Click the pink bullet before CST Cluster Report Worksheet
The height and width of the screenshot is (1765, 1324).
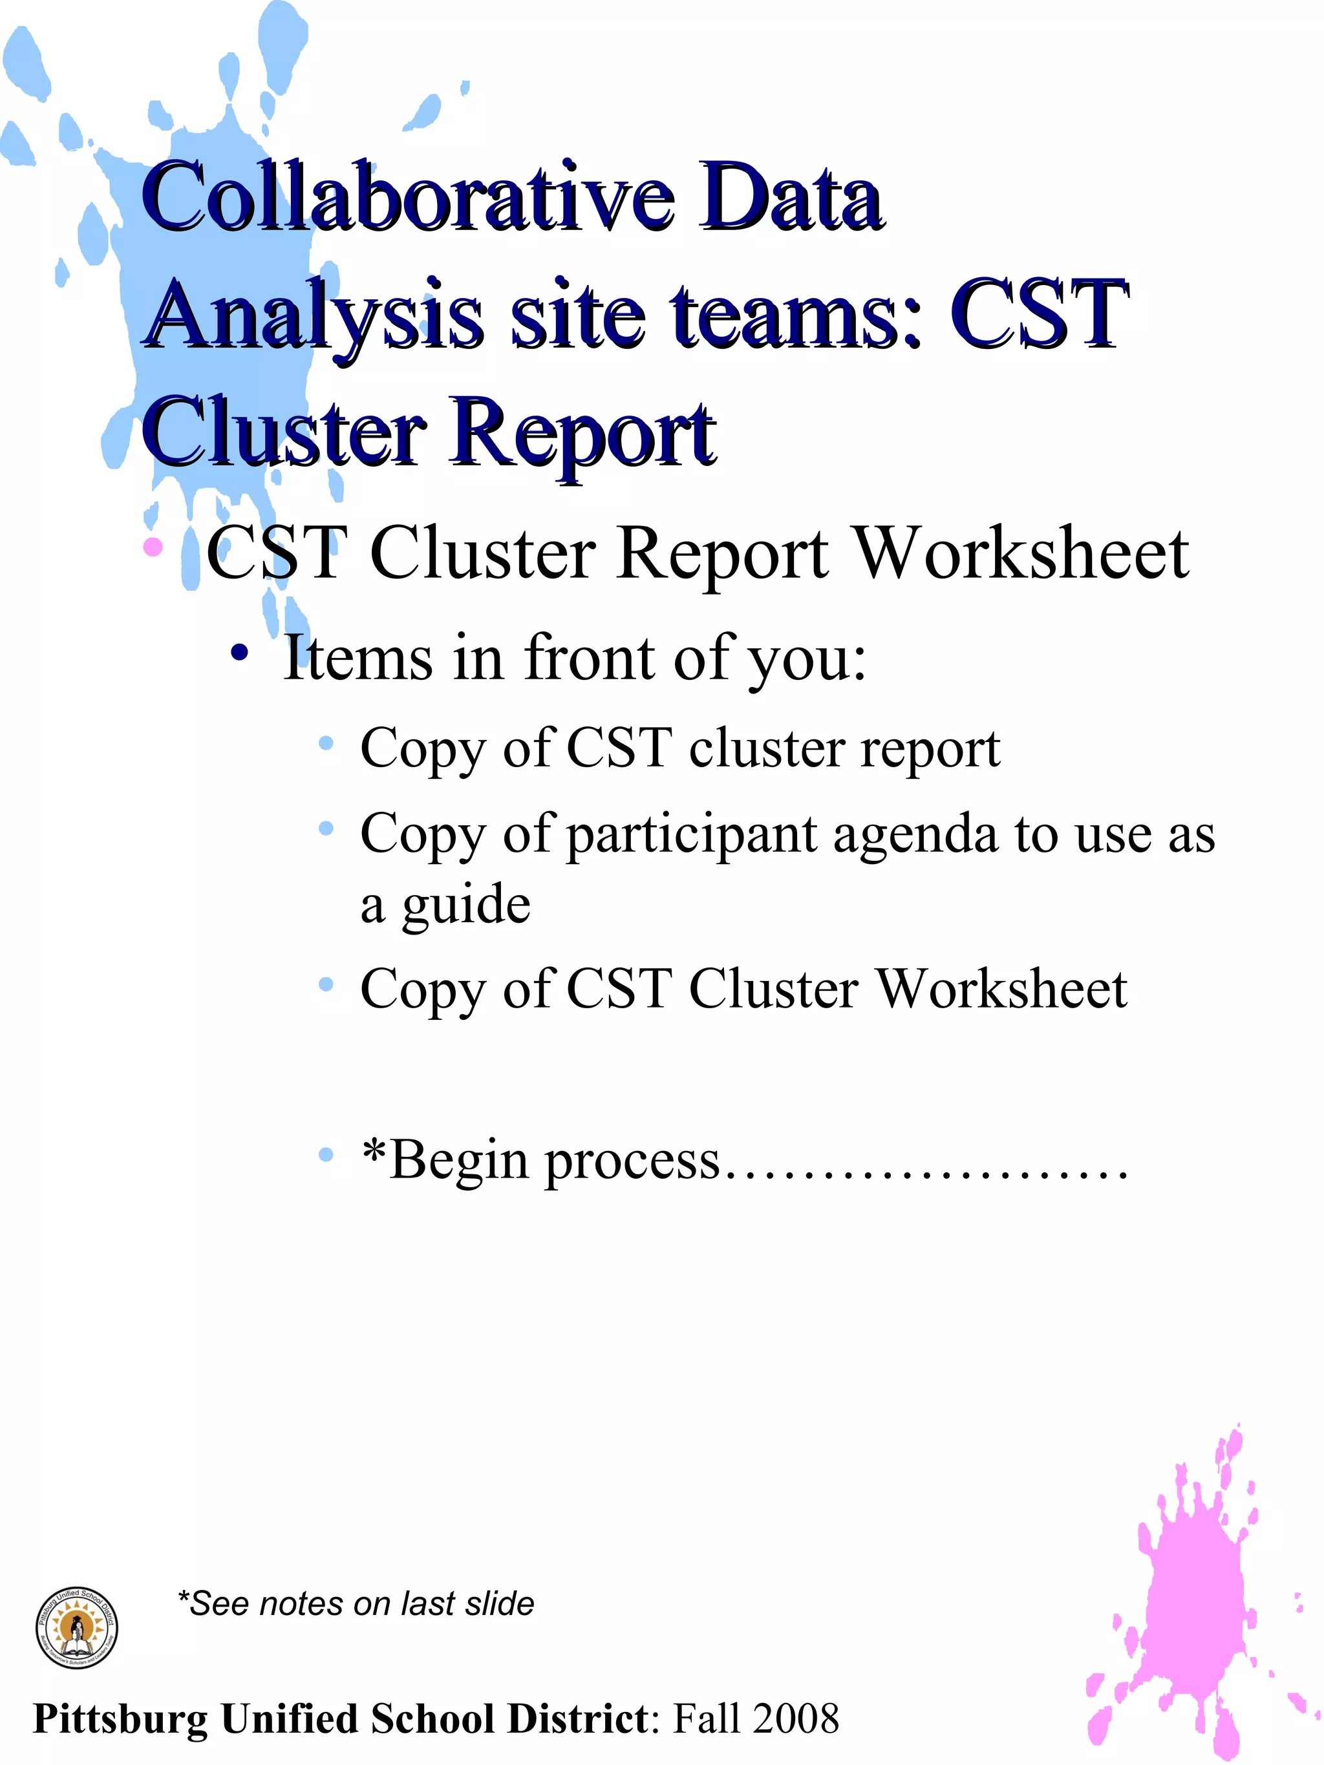point(153,547)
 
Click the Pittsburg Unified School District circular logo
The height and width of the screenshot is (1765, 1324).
point(78,1628)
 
